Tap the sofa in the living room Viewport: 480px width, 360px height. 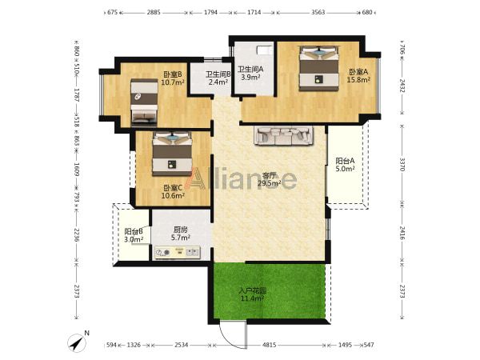pos(284,135)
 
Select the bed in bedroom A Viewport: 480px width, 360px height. pos(319,68)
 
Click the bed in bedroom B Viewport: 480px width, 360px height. pos(144,102)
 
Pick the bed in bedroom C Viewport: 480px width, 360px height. pos(172,154)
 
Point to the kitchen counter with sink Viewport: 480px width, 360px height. pos(178,253)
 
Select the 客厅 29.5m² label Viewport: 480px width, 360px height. pos(270,179)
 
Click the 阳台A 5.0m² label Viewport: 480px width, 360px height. pos(345,164)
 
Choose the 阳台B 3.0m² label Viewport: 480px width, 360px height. pos(134,235)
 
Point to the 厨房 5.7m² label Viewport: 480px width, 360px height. pos(181,234)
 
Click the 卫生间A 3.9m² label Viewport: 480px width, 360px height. pos(250,73)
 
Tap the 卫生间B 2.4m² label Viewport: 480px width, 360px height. pos(218,78)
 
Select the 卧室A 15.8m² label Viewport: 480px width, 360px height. pos(358,76)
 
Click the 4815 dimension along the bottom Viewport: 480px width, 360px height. pos(270,345)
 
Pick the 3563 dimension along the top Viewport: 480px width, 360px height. pos(318,12)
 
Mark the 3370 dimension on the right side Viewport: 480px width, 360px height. pos(402,164)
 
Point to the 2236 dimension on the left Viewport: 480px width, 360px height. pos(77,234)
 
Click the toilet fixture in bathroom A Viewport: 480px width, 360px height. pos(264,50)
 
